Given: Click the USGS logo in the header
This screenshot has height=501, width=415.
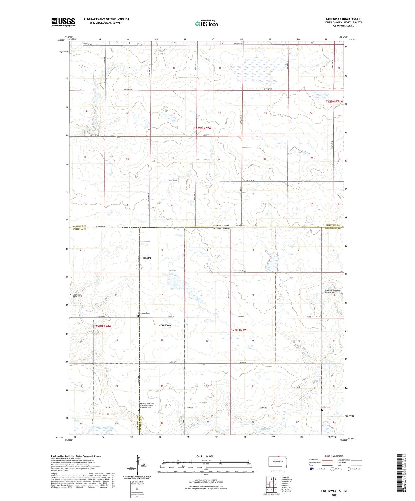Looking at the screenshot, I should [63, 22].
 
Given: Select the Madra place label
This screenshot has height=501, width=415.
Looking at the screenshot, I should [147, 258].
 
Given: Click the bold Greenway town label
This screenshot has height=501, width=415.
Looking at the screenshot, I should [165, 325].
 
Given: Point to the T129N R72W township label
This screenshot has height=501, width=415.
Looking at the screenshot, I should [202, 128].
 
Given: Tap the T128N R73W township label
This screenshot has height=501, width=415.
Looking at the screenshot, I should [238, 330].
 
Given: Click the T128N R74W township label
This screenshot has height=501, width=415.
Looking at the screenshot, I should [103, 326].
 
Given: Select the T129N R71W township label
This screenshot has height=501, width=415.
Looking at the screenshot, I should [334, 102].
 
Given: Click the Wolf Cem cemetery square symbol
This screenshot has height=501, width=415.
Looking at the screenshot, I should [322, 410].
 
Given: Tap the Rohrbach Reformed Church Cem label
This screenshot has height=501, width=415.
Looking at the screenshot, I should [332, 292].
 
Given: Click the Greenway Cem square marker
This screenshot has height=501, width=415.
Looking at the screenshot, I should [138, 316].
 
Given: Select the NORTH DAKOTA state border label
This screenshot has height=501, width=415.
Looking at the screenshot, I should [222, 226].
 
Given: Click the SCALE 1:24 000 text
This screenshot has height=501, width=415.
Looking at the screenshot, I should [204, 457].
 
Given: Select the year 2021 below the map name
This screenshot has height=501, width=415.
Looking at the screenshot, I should [335, 495].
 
